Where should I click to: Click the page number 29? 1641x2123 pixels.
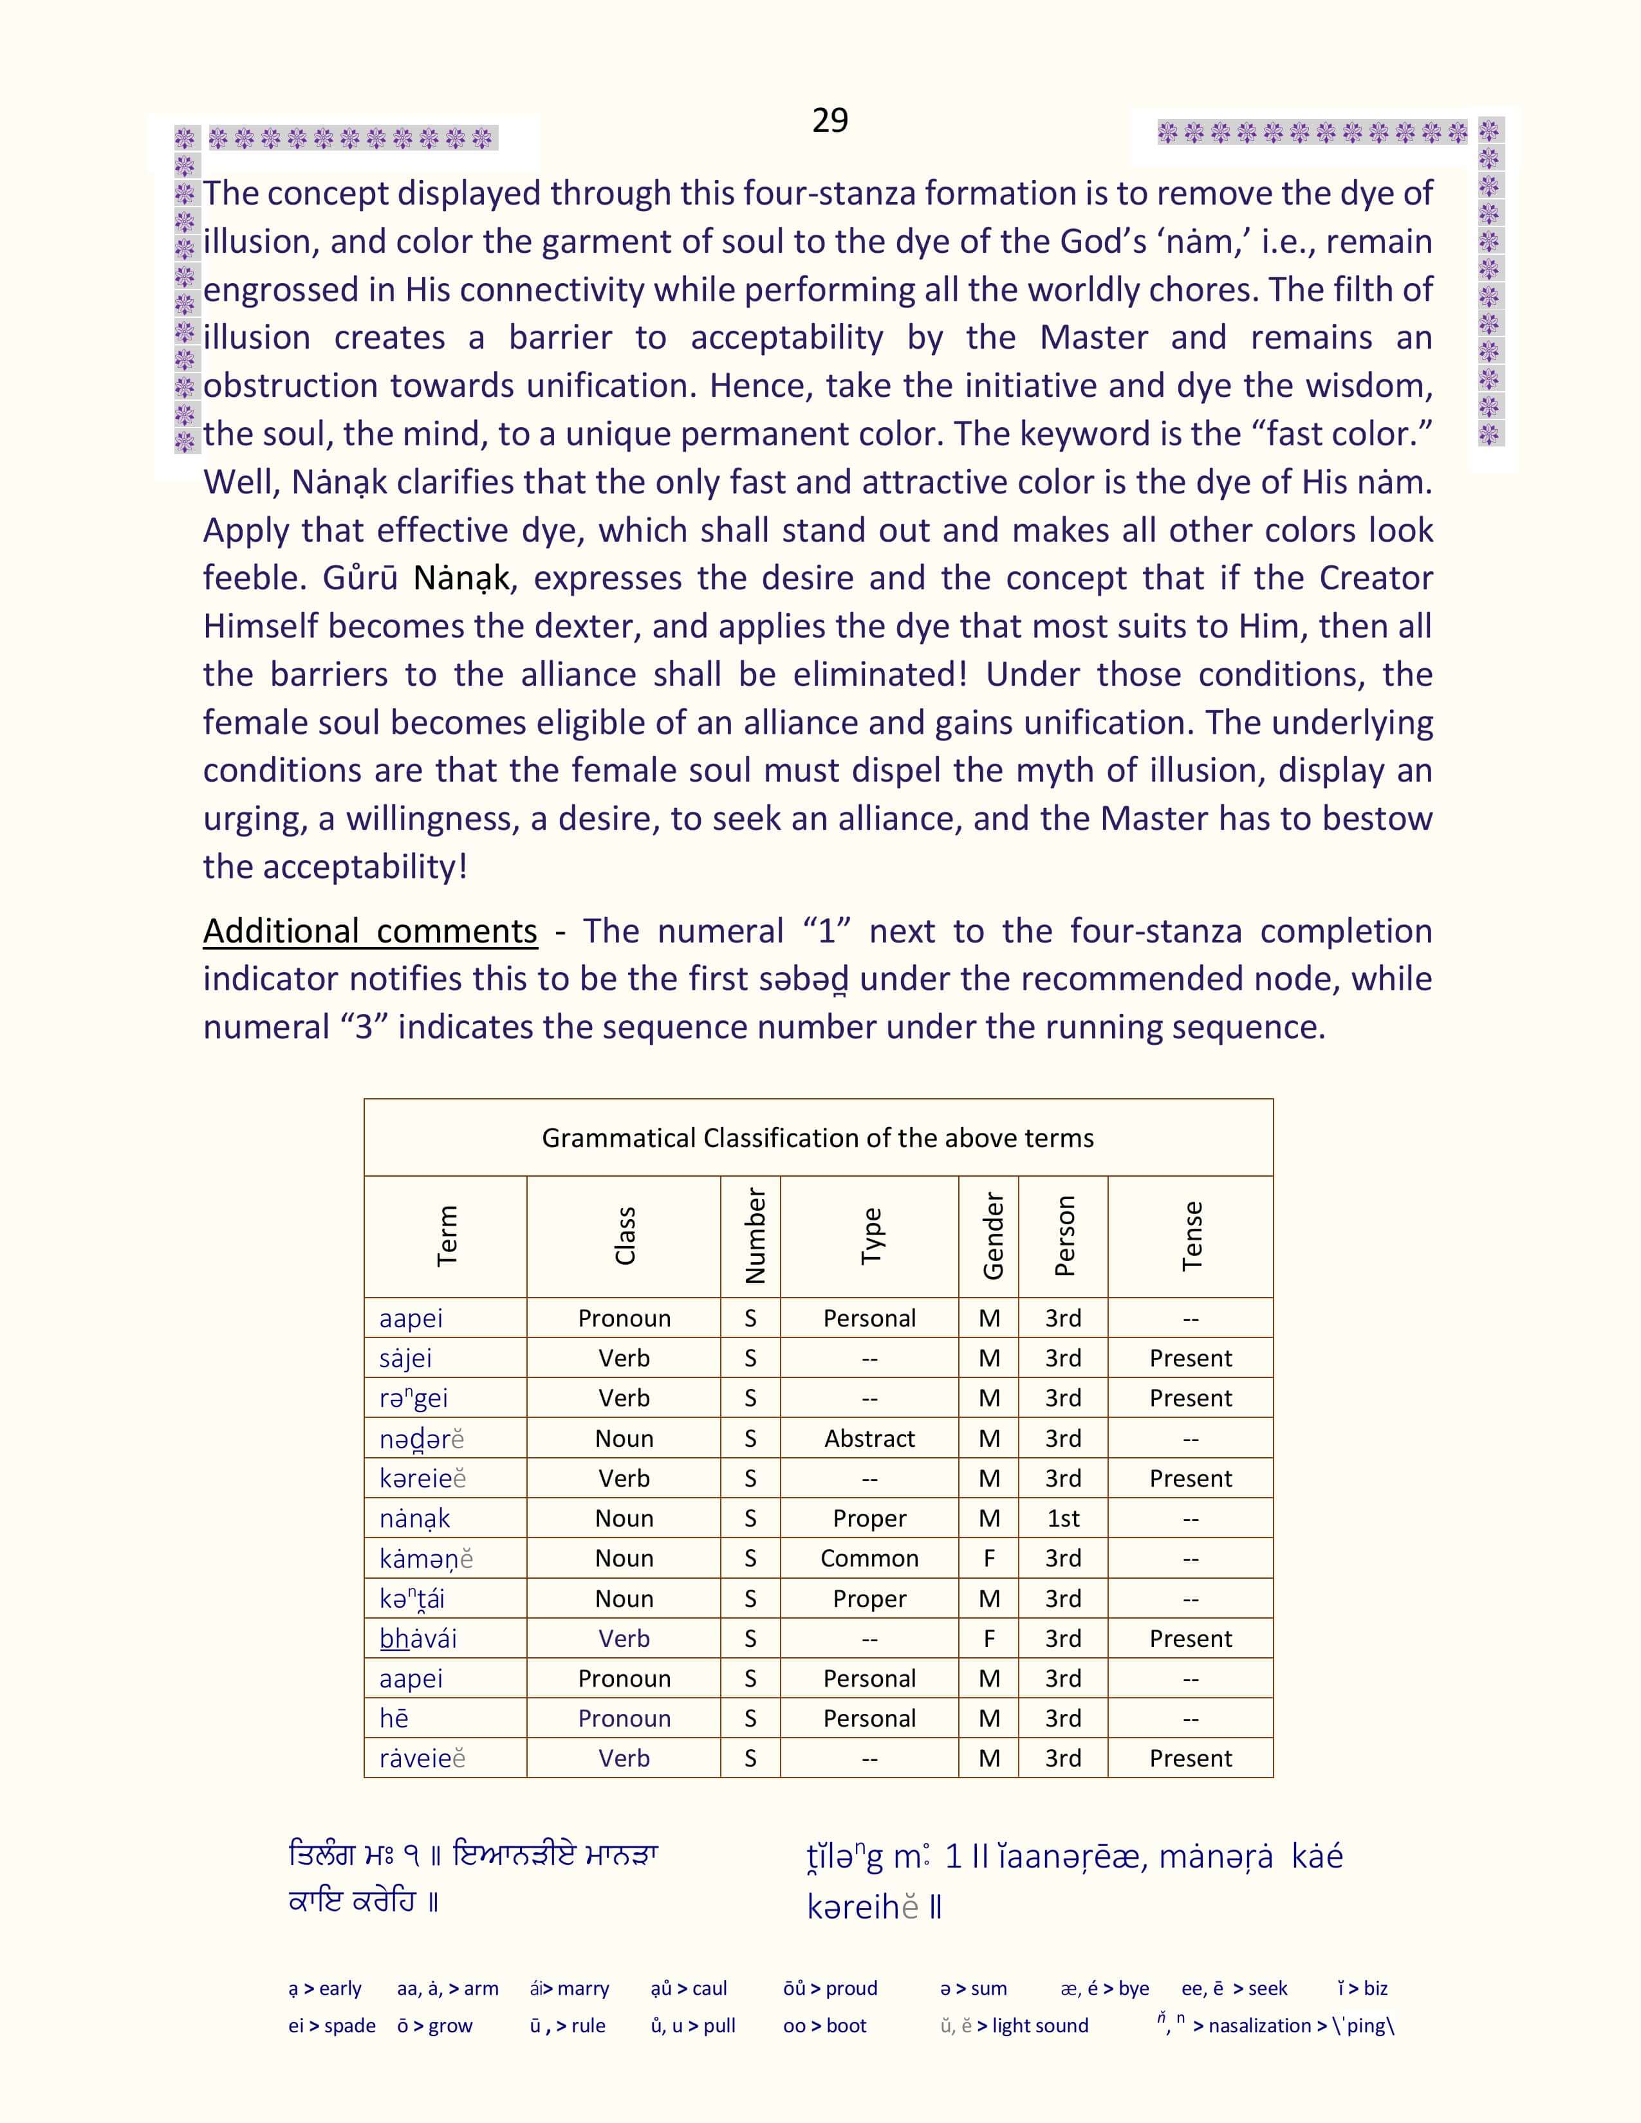click(830, 120)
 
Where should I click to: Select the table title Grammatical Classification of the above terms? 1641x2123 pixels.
click(817, 1137)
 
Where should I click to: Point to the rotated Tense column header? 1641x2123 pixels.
click(1192, 1235)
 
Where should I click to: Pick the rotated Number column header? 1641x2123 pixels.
click(754, 1235)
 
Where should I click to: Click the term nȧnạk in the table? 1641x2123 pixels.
click(415, 1518)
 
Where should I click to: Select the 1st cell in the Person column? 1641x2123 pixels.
click(1062, 1518)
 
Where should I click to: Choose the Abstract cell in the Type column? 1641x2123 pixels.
click(869, 1438)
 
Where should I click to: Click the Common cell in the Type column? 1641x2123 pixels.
click(869, 1558)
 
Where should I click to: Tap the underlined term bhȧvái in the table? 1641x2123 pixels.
click(418, 1639)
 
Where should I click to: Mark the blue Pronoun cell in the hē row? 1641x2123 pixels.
click(624, 1718)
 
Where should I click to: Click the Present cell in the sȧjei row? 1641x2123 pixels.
click(1190, 1358)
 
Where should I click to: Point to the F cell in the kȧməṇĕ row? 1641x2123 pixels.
click(988, 1558)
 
